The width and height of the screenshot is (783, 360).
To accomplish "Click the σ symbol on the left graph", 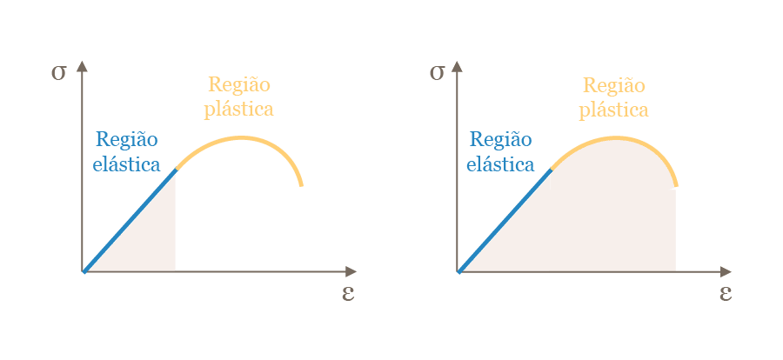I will pos(58,72).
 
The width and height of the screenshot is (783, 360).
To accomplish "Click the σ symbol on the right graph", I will pos(437,72).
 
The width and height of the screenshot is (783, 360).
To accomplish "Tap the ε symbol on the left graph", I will pos(348,292).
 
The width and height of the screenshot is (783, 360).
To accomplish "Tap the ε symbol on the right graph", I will pos(725,292).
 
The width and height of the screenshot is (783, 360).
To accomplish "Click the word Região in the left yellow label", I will pos(238,85).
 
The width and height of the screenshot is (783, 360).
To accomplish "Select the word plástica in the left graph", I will pos(238,110).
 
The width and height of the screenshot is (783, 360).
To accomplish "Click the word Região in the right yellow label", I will pos(613,85).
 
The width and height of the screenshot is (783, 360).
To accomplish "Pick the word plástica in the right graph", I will pos(613,110).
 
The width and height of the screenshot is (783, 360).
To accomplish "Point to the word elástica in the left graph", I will pos(127,163).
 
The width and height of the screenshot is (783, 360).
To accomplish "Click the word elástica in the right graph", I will pos(500,163).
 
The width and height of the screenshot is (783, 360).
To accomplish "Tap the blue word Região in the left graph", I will pos(127,139).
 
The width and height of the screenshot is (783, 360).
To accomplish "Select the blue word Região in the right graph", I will pos(500,139).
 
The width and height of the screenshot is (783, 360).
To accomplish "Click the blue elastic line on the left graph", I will pos(130,221).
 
